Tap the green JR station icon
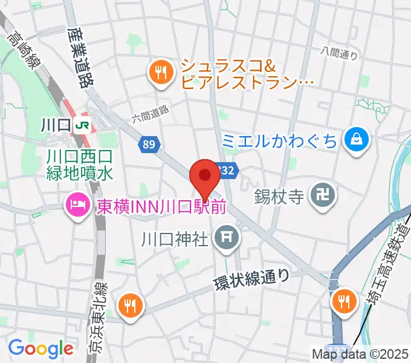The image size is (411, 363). coord(82,126)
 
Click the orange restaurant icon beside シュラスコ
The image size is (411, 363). coord(160,73)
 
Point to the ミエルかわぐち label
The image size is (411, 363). coord(279,141)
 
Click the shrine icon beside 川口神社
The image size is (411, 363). coord(227,235)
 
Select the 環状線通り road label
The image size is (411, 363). coord(252,278)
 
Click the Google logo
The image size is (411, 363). coord(40,348)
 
